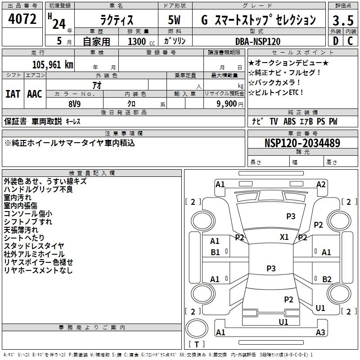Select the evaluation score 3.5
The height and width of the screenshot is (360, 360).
pyautogui.click(x=342, y=20)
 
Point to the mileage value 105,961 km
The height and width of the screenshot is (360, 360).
pyautogui.click(x=53, y=64)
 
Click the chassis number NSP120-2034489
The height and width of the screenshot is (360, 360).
pyautogui.click(x=302, y=143)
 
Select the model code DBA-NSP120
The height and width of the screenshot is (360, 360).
pyautogui.click(x=258, y=41)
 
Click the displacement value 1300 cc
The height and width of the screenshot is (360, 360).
pyautogui.click(x=140, y=41)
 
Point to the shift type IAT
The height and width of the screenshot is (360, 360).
pyautogui.click(x=13, y=94)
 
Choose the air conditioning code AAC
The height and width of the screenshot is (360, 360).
pyautogui.click(x=35, y=94)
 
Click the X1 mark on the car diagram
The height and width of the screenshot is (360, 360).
pyautogui.click(x=284, y=237)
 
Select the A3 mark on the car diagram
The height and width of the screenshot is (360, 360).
pyautogui.click(x=320, y=333)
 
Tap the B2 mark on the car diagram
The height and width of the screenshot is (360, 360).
pyautogui.click(x=327, y=279)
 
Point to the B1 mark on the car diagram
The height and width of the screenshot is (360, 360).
pyautogui.click(x=215, y=252)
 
